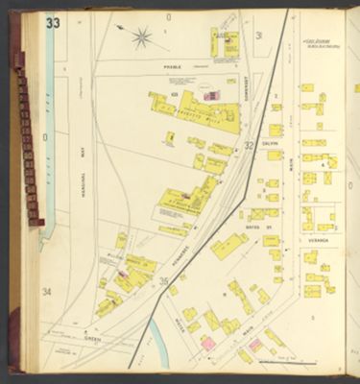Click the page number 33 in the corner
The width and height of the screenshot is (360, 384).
point(51,22)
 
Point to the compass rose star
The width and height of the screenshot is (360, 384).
point(141,37)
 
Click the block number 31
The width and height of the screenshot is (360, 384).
point(259,36)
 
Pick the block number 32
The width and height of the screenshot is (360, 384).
point(248,146)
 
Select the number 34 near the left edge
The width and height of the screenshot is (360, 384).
point(45,291)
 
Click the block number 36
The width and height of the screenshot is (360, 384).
point(164,281)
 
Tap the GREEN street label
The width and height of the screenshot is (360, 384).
point(92,335)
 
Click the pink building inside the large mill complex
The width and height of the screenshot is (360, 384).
point(207,95)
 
